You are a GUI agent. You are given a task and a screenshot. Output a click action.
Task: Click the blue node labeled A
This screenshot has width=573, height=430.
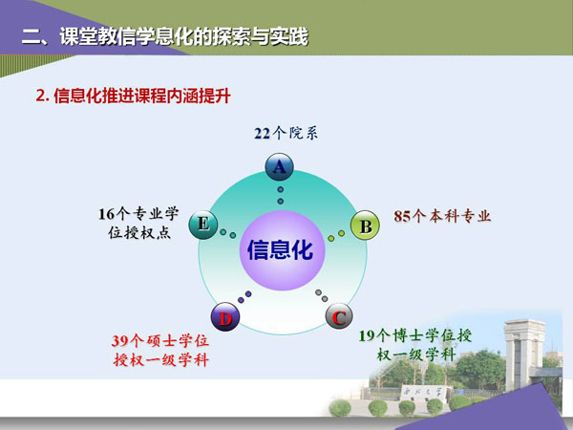[x=279, y=167]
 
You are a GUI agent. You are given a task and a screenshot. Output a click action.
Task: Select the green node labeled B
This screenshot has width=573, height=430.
[x=365, y=226]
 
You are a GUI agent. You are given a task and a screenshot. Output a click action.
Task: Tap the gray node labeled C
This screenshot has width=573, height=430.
[x=339, y=316]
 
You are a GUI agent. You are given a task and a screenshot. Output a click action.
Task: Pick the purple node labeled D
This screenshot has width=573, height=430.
[x=225, y=317]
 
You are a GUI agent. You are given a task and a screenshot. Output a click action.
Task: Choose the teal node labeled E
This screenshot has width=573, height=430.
[x=203, y=225]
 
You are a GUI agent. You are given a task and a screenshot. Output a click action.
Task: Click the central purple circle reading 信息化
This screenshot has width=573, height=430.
[x=282, y=250]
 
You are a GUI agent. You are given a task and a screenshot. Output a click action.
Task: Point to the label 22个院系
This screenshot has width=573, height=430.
[x=286, y=133]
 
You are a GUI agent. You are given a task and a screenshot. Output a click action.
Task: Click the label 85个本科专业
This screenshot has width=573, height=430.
[x=442, y=216]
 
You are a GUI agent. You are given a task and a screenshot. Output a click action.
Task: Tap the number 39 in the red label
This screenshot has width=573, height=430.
[x=120, y=341]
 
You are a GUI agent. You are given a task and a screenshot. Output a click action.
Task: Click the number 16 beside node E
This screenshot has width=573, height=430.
[x=107, y=214]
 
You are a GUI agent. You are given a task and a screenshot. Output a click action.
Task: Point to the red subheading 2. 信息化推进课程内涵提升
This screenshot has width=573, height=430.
[x=133, y=97]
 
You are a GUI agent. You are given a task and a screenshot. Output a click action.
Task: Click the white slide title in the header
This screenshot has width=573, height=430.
[x=165, y=37]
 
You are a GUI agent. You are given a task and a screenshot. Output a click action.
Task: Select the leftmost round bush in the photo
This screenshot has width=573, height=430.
[x=340, y=408]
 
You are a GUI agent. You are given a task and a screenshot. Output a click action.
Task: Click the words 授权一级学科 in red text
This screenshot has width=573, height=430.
[x=160, y=360]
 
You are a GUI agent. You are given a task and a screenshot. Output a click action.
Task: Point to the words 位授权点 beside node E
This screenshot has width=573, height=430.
[x=139, y=232]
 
